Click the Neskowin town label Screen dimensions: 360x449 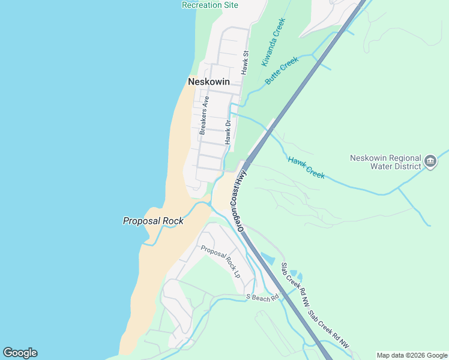pyautogui.click(x=209, y=82)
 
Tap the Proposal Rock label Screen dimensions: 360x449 pyautogui.click(x=153, y=221)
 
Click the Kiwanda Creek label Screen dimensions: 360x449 pyautogui.click(x=273, y=42)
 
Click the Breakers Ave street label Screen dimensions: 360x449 pyautogui.click(x=205, y=114)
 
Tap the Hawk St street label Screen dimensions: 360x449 pyautogui.click(x=245, y=62)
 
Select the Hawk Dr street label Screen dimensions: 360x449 pyautogui.click(x=228, y=132)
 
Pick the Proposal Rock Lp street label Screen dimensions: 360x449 pyautogui.click(x=220, y=262)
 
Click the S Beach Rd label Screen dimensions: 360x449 pyautogui.click(x=263, y=297)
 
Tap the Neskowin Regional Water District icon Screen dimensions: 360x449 pyautogui.click(x=430, y=161)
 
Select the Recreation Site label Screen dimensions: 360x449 pyautogui.click(x=210, y=5)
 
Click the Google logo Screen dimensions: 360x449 pyautogui.click(x=20, y=353)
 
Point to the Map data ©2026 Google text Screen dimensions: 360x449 pyautogui.click(x=411, y=355)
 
